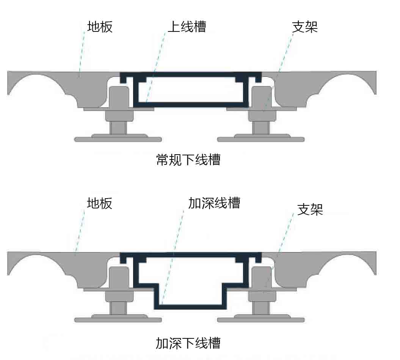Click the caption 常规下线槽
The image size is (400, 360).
tap(188, 160)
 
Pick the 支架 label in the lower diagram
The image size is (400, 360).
tap(310, 209)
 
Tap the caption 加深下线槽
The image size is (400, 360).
tap(188, 343)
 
